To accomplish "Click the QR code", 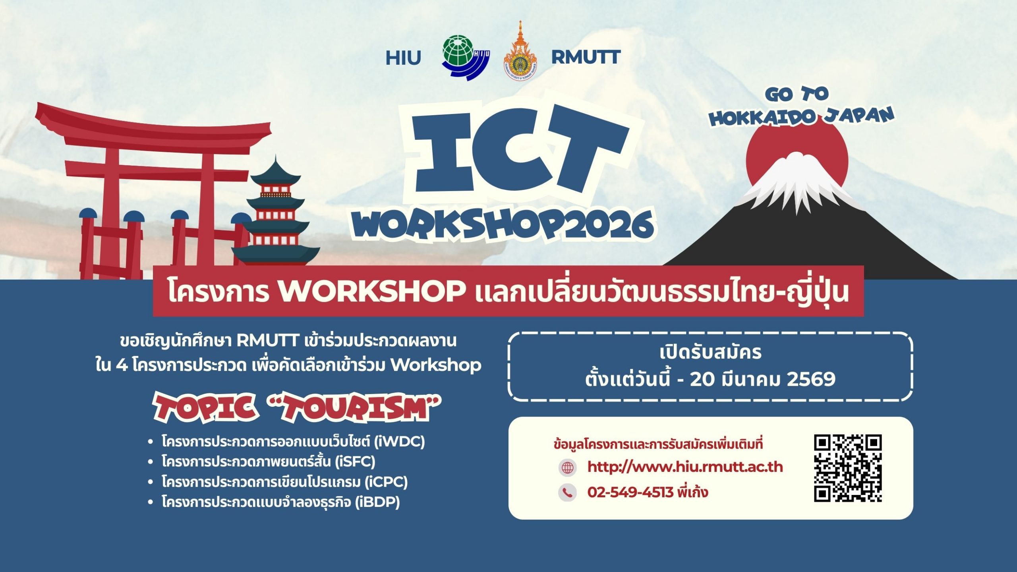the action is pos(848,468).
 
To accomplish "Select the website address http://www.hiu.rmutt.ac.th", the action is pos(685,467).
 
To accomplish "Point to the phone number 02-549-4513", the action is pos(630,492).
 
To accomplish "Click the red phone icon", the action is pos(567,493).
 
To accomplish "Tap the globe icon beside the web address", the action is pos(567,468).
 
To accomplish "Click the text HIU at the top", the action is pos(403,58).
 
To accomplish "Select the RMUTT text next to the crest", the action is pos(586,58).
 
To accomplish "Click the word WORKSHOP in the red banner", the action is pos(372,291).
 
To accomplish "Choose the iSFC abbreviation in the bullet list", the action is pos(355,461).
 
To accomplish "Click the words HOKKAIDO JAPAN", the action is pos(802,117).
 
